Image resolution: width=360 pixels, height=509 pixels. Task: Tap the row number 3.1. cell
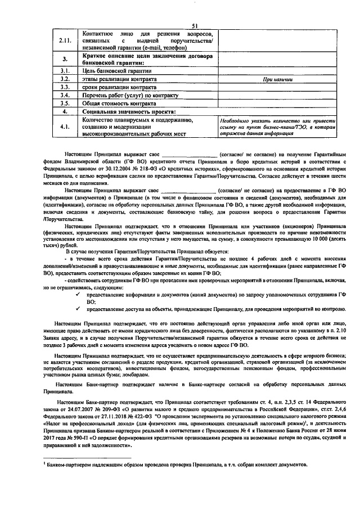tap(65, 71)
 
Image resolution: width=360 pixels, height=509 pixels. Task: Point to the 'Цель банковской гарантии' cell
tap(113, 71)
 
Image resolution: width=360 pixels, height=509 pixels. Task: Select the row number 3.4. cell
tap(65, 96)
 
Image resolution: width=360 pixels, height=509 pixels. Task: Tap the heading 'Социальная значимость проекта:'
tap(125, 112)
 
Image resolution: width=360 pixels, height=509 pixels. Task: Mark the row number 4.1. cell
tap(65, 127)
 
